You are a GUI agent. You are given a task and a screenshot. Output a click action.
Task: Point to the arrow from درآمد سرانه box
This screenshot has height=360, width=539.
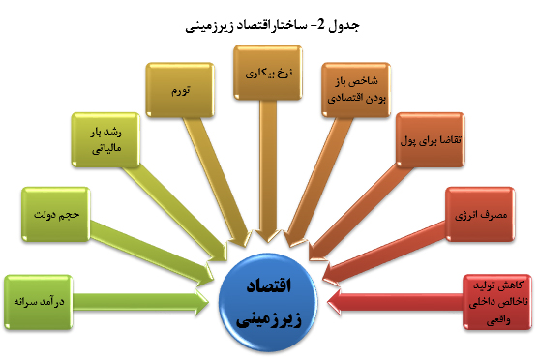coord(145,301)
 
